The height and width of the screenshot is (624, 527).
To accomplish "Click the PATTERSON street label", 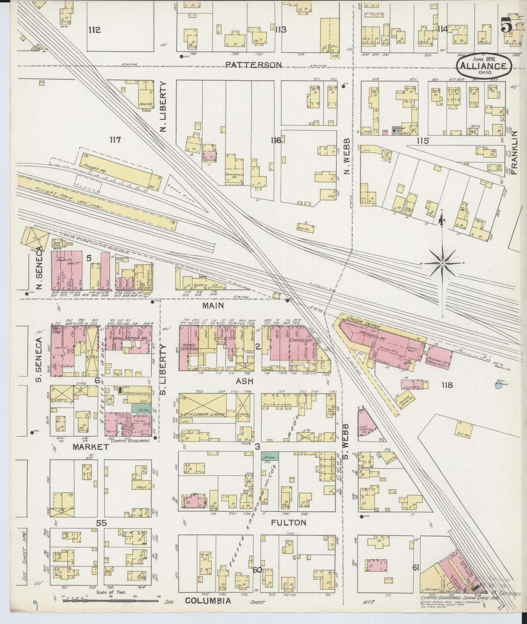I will [253, 65].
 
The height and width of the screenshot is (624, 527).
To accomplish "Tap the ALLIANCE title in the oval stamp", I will [483, 66].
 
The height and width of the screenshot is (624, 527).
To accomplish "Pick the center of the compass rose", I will [442, 263].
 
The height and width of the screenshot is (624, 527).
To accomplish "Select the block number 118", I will [447, 385].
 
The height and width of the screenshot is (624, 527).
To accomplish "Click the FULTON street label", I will [289, 523].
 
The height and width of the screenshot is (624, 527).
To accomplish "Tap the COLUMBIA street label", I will [208, 601].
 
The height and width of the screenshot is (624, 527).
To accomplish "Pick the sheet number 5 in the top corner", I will [506, 26].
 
